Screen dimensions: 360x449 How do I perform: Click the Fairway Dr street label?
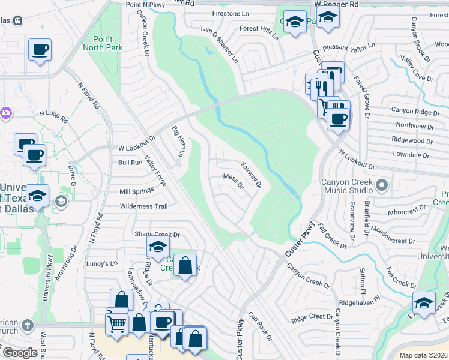[250, 174]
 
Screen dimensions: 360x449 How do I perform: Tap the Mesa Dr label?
[233, 181]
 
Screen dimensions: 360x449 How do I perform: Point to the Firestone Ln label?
[231, 13]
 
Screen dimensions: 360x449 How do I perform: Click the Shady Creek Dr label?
[157, 234]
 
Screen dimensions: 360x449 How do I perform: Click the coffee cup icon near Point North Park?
[40, 50]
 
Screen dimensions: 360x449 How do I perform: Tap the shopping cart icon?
[116, 325]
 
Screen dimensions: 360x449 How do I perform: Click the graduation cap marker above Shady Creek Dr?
[158, 247]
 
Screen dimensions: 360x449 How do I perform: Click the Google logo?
[19, 353]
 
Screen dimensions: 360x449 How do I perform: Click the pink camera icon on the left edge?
[5, 112]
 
